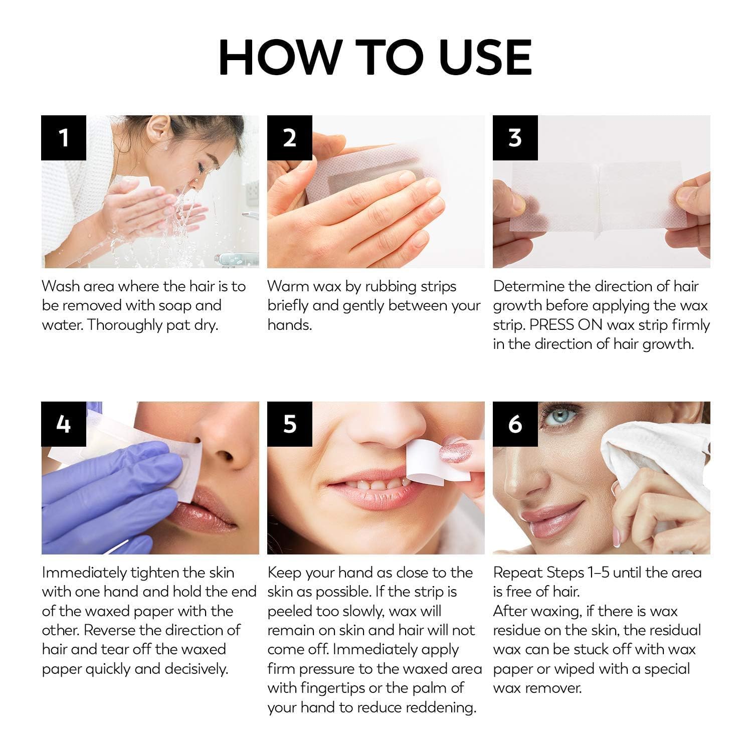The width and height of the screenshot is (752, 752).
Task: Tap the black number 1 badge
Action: [64, 138]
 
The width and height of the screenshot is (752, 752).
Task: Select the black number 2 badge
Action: [289, 138]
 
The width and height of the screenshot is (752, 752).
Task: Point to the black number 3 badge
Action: [515, 138]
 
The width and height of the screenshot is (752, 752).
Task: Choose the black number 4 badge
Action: [64, 424]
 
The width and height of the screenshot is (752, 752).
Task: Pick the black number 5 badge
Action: [289, 424]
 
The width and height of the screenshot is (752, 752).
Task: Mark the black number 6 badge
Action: [515, 424]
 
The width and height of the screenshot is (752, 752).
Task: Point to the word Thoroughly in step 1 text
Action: [126, 325]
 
